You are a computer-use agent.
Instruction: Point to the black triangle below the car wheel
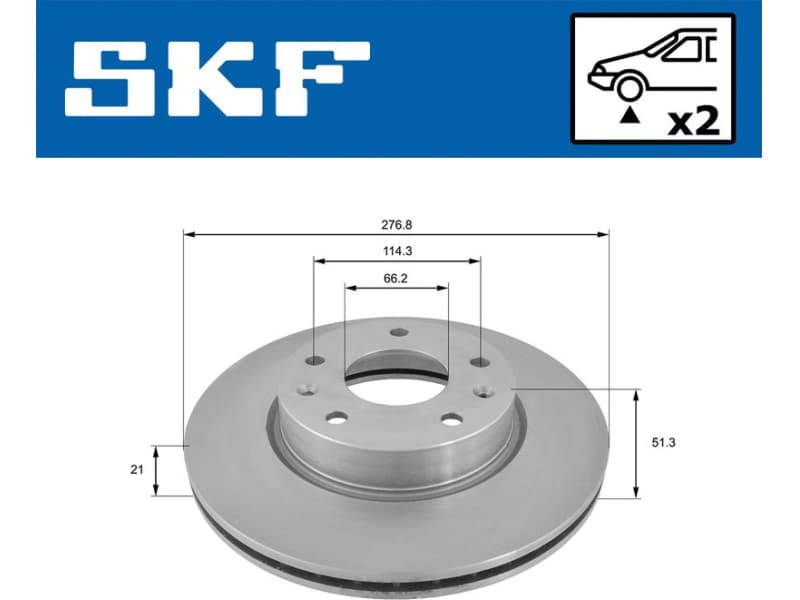tap(629, 116)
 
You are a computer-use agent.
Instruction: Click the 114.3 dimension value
tap(396, 250)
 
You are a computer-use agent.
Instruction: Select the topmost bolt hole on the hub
tap(397, 334)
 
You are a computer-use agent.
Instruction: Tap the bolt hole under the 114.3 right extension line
tap(480, 361)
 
